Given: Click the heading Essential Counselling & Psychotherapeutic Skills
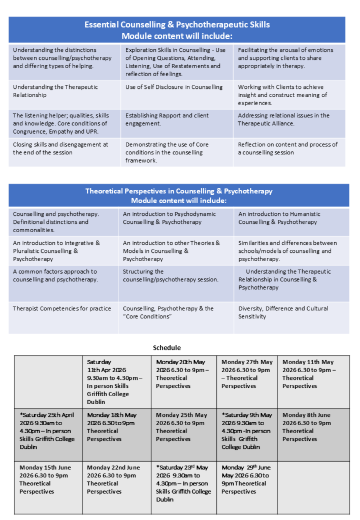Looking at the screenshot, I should pyautogui.click(x=177, y=24).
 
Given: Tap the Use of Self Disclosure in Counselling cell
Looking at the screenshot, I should pyautogui.click(x=174, y=87).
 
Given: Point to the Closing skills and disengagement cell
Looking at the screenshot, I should pyautogui.click(x=61, y=148).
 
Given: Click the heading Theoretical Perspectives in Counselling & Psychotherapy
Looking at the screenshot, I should pyautogui.click(x=179, y=191).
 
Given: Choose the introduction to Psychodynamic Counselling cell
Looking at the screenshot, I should pyautogui.click(x=169, y=218).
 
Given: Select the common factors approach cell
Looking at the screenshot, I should pyautogui.click(x=55, y=276).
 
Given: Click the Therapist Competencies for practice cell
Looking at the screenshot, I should pyautogui.click(x=62, y=309).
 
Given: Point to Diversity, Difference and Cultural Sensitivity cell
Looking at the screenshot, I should pyautogui.click(x=283, y=312).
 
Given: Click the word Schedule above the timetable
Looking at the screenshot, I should pyautogui.click(x=167, y=348).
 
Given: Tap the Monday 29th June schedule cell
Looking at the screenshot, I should pyautogui.click(x=246, y=479).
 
